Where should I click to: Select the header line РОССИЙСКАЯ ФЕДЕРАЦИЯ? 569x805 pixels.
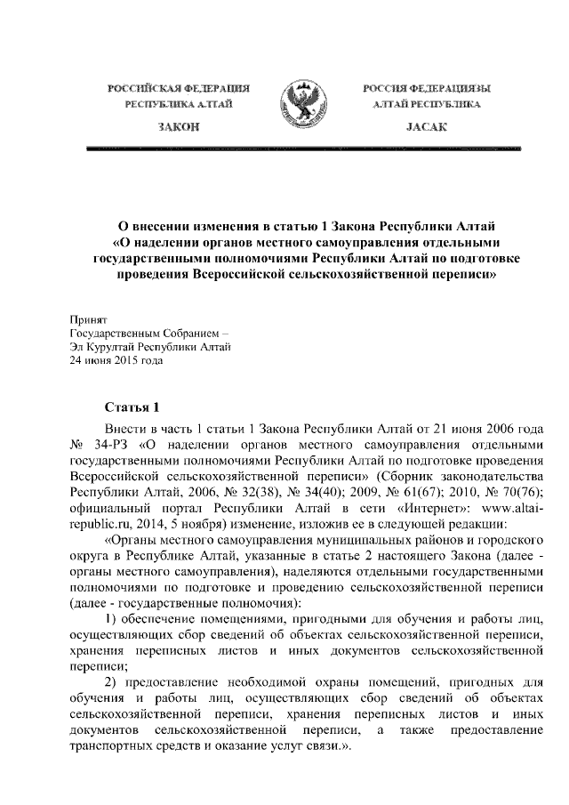tap(178, 89)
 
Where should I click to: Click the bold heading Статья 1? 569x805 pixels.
tap(132, 408)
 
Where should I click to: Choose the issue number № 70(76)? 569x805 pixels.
tap(515, 491)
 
